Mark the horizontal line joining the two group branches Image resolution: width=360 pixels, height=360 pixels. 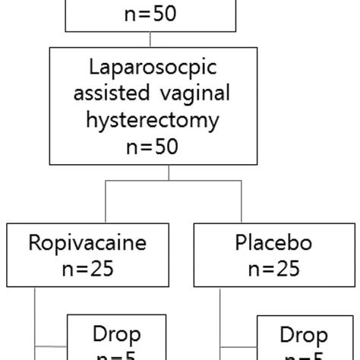click(176, 181)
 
